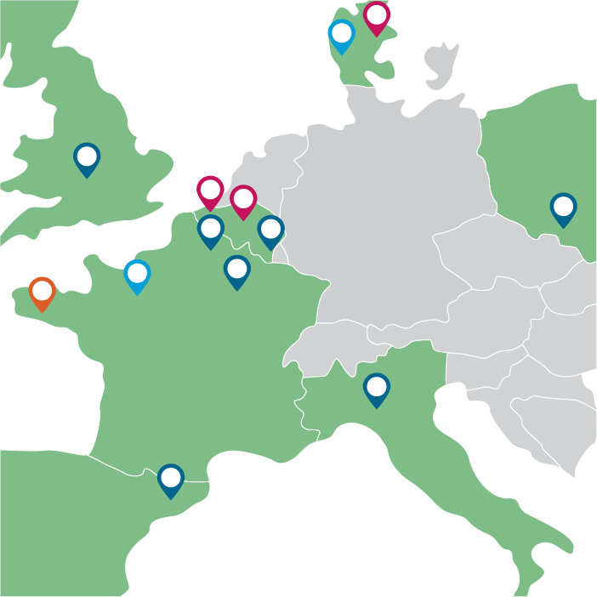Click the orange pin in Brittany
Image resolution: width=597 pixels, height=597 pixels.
point(42,292)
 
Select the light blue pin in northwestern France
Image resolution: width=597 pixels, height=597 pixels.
point(137,275)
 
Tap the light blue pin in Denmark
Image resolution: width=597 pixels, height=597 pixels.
point(341,35)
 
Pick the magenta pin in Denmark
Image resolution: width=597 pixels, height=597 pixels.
point(377,16)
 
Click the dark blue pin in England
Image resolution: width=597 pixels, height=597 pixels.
point(87,157)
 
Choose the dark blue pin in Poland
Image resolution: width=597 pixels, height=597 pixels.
point(563,208)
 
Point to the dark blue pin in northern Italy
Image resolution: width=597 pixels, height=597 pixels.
point(377,389)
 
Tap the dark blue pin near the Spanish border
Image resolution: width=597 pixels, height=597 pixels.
point(171,479)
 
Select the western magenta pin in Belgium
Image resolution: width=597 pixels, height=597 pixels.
point(210,190)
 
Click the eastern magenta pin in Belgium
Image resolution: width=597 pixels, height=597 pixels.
point(243,200)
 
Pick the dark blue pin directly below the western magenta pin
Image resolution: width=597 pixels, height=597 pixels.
point(211,230)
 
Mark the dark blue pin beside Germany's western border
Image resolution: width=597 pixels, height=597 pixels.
point(270,230)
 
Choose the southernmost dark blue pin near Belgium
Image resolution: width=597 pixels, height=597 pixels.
point(237,270)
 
